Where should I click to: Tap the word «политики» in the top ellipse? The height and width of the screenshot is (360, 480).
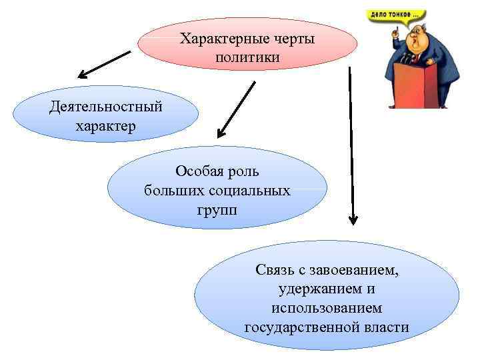247,59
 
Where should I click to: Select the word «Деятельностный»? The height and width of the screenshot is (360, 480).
105,107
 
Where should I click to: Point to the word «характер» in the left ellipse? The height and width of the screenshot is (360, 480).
105,127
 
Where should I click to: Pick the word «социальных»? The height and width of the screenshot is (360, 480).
253,191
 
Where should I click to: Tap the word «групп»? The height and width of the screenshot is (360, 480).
217,211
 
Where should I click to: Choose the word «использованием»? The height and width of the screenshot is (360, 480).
327,309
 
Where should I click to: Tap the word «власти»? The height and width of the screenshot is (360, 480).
387,328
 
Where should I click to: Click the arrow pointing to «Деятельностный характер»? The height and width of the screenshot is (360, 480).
103,64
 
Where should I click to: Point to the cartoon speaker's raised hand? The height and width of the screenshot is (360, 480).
395,33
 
